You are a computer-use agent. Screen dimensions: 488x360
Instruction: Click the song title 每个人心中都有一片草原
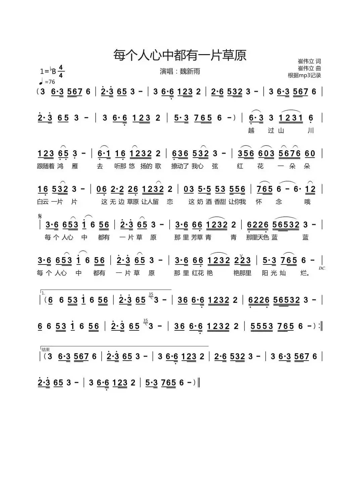coord(180,55)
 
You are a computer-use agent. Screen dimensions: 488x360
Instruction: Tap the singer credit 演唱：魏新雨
coord(180,71)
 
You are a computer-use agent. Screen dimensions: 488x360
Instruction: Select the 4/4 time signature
coord(61,71)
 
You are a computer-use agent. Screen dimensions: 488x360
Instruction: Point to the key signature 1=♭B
coord(48,71)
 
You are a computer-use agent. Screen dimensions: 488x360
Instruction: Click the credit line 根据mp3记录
coord(304,75)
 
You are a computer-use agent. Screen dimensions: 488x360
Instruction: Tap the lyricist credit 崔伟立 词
coord(309,61)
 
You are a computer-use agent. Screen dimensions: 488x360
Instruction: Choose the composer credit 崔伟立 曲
coord(309,68)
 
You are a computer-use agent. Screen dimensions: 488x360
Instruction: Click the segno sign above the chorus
coord(40,216)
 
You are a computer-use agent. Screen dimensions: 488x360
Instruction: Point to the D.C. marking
coord(322,268)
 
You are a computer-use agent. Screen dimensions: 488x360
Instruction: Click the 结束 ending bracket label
coord(45,350)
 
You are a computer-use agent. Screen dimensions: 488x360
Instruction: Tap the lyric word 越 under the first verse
coord(251,130)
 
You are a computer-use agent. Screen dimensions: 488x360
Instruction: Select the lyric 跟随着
coord(45,166)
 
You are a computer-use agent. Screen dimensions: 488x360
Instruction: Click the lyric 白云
coord(43,202)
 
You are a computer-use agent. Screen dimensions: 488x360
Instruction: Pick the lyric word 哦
coord(307,202)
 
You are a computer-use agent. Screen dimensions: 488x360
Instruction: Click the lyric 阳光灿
coord(274,273)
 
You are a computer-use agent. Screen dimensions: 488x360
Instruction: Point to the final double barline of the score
coord(199,382)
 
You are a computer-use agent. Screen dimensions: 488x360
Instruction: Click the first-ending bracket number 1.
coord(43,293)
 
